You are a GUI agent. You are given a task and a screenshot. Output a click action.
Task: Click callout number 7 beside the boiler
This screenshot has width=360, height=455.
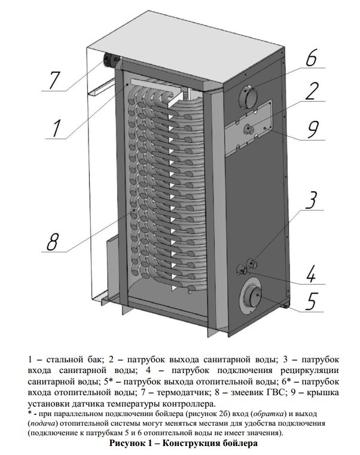tap(54, 80)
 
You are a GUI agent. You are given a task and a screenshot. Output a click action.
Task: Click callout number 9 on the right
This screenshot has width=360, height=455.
tap(313, 128)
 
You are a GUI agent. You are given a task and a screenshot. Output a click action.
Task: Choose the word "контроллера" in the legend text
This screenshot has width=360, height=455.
tap(180, 402)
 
